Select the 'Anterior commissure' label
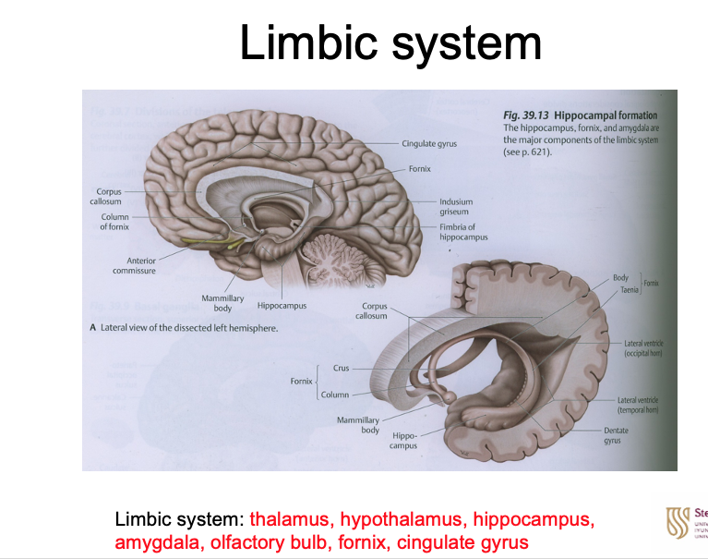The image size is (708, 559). coord(134,266)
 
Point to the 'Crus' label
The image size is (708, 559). coord(342,368)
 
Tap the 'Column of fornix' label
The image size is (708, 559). coord(114,222)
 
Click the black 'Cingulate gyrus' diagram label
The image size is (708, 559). coord(429,144)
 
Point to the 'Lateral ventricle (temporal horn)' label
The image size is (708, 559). coord(639,405)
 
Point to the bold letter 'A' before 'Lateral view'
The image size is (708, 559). coord(92,328)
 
